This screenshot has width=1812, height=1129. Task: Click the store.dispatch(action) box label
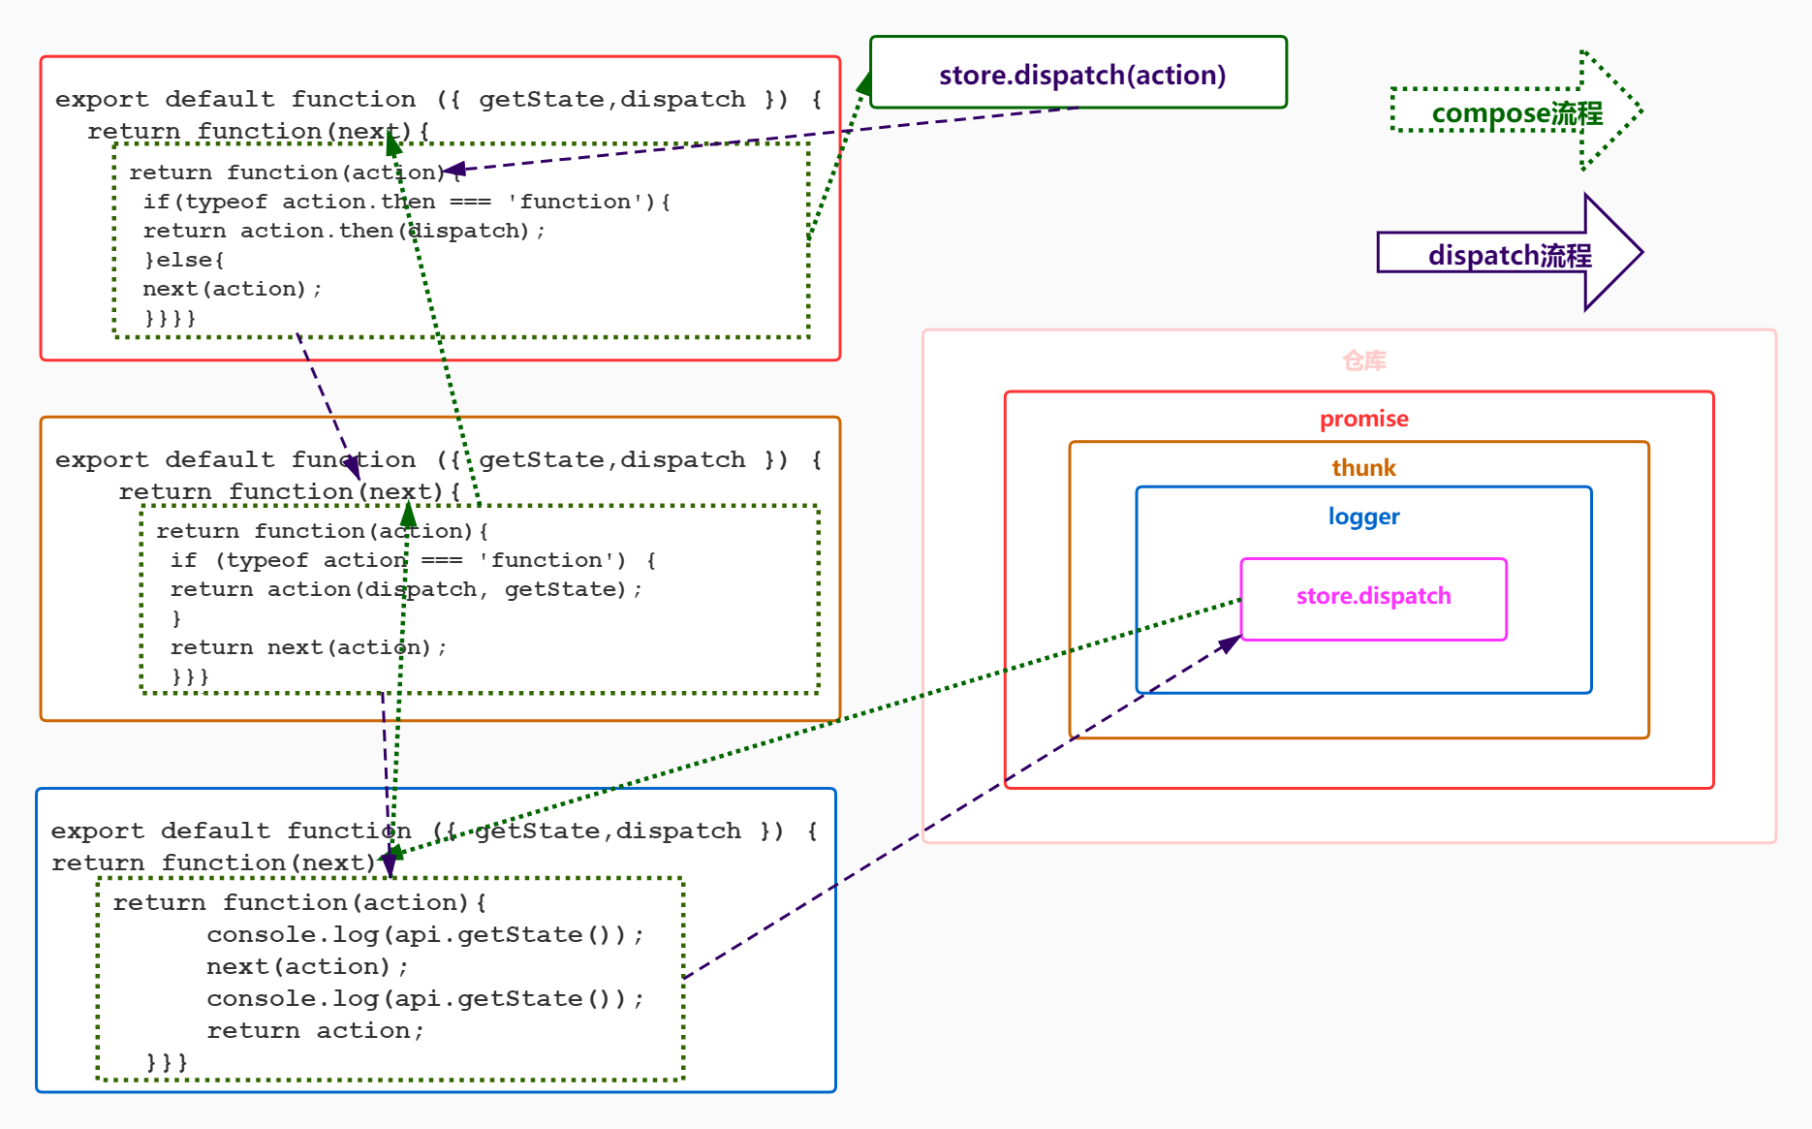click(x=1081, y=75)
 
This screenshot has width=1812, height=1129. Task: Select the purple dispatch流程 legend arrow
click(x=1509, y=255)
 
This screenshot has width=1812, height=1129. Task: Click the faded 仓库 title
click(x=1363, y=361)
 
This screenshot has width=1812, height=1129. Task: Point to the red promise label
click(x=1363, y=419)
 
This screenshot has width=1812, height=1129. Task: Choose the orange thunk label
click(x=1363, y=468)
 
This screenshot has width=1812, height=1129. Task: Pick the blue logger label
click(x=1363, y=517)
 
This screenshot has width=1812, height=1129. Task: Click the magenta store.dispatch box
click(x=1373, y=597)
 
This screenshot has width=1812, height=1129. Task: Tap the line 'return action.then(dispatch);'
click(x=344, y=231)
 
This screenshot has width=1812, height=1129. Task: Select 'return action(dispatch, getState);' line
click(x=405, y=589)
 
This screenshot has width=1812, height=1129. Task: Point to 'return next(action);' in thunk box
click(x=308, y=647)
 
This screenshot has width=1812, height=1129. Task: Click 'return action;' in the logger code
click(x=315, y=1030)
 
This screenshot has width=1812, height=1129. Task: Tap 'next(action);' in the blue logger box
click(x=307, y=966)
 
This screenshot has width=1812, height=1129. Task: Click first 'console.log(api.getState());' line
click(x=424, y=934)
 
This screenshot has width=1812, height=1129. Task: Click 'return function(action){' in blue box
click(x=298, y=902)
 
